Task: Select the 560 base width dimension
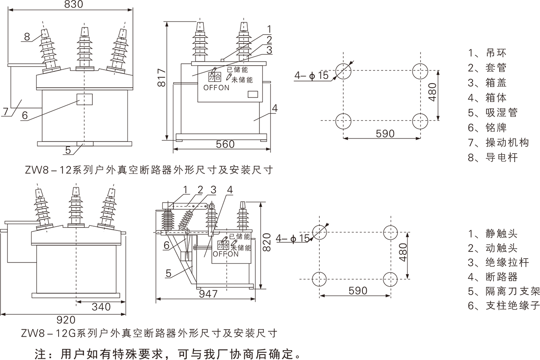(x=225, y=144)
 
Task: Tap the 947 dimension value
(x=208, y=293)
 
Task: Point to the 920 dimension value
(x=65, y=320)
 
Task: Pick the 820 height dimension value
(x=267, y=242)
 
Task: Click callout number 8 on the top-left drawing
(x=27, y=37)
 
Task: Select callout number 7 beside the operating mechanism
(x=5, y=112)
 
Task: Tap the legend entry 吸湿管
(x=493, y=113)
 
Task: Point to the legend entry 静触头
(x=493, y=233)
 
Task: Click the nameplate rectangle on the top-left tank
(x=84, y=99)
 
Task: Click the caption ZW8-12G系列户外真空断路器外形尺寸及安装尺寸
(x=148, y=333)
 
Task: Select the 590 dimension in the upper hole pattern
(x=384, y=133)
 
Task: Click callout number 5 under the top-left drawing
(x=68, y=149)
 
